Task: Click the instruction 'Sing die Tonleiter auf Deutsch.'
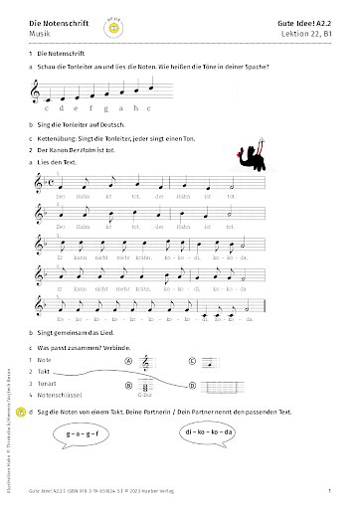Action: tap(87, 127)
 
